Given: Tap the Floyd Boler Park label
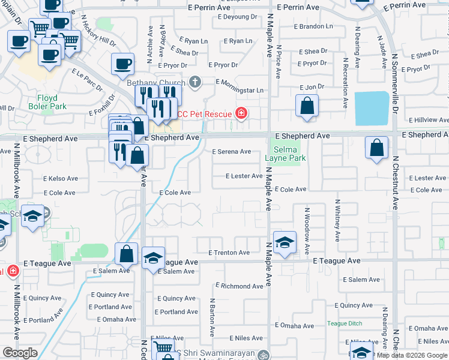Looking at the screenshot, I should point(47,102).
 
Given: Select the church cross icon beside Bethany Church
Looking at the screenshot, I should point(194,81).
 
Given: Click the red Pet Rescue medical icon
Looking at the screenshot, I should point(241,113).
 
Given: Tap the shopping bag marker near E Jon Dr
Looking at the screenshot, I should point(307,106).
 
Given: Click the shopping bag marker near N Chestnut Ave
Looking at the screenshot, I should point(376,148).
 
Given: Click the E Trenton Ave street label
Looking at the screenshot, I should point(229,253).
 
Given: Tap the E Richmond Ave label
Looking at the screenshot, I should point(239,286).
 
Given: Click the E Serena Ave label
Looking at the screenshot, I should point(231,152).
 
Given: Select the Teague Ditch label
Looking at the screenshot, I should point(345,323).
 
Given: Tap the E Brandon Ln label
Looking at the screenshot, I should point(315,26).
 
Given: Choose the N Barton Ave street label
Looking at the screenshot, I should point(212,317).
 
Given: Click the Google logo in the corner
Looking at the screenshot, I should point(20,353).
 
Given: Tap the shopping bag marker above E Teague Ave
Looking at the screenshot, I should point(127,254).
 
